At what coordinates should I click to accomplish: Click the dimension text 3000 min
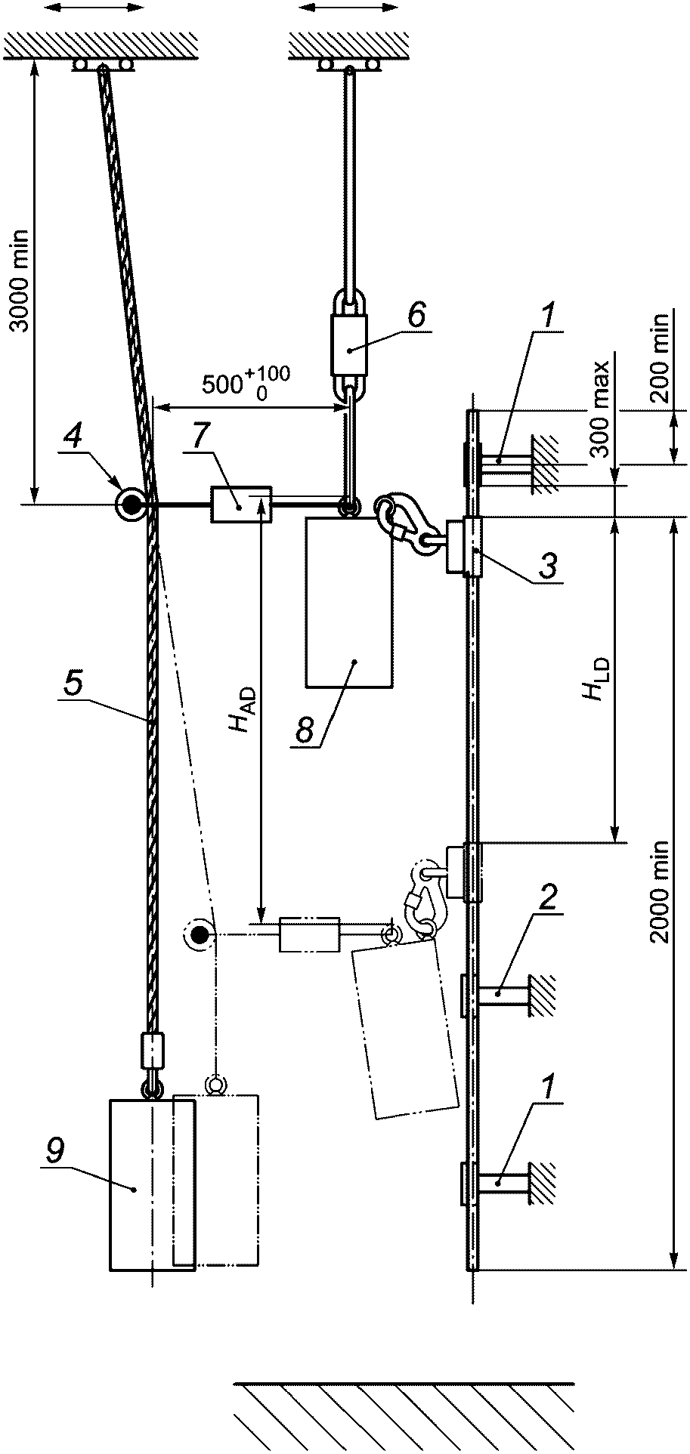click(x=18, y=280)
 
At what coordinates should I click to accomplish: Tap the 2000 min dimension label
click(x=661, y=891)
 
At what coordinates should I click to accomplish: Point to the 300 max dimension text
click(x=602, y=409)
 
